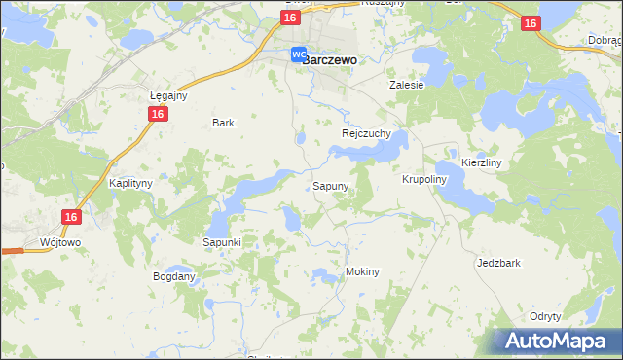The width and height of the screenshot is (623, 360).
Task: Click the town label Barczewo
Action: click(329, 58)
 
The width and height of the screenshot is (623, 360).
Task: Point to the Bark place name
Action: click(223, 124)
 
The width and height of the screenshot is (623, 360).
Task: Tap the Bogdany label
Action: click(174, 276)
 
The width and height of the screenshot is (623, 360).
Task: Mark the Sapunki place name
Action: click(222, 241)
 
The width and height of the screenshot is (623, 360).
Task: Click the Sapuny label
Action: click(330, 185)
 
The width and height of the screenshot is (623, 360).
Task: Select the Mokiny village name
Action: click(362, 272)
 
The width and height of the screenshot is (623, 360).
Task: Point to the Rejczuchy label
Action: click(366, 133)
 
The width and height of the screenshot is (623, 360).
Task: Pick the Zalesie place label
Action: click(407, 85)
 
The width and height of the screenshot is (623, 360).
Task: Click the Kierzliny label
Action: click(481, 163)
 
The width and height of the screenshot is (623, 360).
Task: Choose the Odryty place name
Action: click(545, 317)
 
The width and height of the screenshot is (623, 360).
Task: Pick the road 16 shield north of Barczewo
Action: click(289, 18)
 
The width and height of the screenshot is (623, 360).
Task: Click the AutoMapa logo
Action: click(556, 342)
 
